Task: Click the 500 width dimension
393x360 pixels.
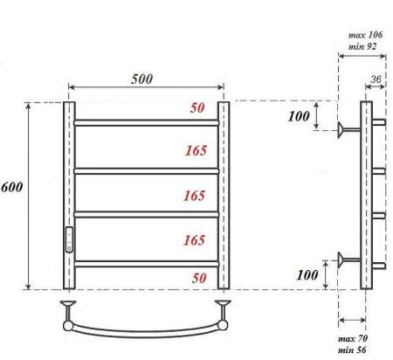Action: click(x=142, y=78)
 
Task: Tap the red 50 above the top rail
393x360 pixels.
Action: click(x=198, y=108)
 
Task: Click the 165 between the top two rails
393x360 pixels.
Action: click(x=196, y=150)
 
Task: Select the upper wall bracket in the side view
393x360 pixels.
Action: click(x=348, y=130)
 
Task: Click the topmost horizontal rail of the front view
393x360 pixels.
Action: click(x=146, y=123)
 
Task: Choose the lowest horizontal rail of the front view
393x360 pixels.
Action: click(x=146, y=262)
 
